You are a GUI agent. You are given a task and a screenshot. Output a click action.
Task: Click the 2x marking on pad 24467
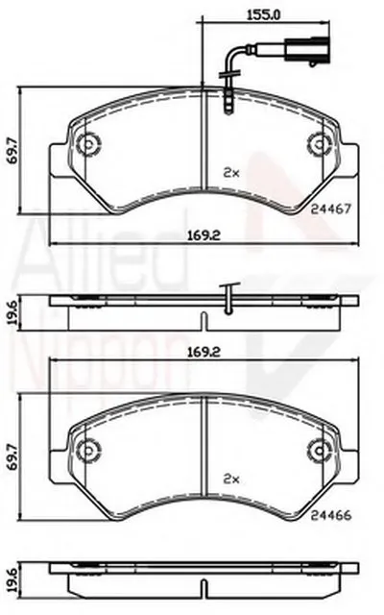pos(230,173)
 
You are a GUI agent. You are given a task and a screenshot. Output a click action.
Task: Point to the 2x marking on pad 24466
pos(230,478)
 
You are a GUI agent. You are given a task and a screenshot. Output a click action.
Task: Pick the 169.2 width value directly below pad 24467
pos(198,232)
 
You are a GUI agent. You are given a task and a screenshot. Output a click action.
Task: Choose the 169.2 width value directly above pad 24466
pos(198,352)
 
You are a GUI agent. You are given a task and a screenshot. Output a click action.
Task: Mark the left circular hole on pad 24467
pos(89,145)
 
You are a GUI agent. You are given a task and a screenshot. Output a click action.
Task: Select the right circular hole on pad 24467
pos(318,145)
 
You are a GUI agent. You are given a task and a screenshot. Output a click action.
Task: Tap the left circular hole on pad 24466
pos(89,449)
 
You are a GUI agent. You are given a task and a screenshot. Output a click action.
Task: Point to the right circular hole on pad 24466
pos(318,449)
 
